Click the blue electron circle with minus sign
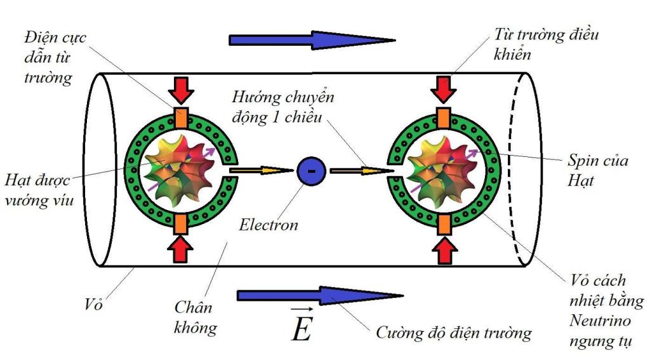(311, 171)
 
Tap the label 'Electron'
(269, 224)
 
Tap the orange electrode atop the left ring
(182, 118)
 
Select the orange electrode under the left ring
(181, 223)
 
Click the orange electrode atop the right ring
(443, 118)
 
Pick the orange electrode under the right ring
(443, 223)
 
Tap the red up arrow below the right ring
(443, 250)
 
